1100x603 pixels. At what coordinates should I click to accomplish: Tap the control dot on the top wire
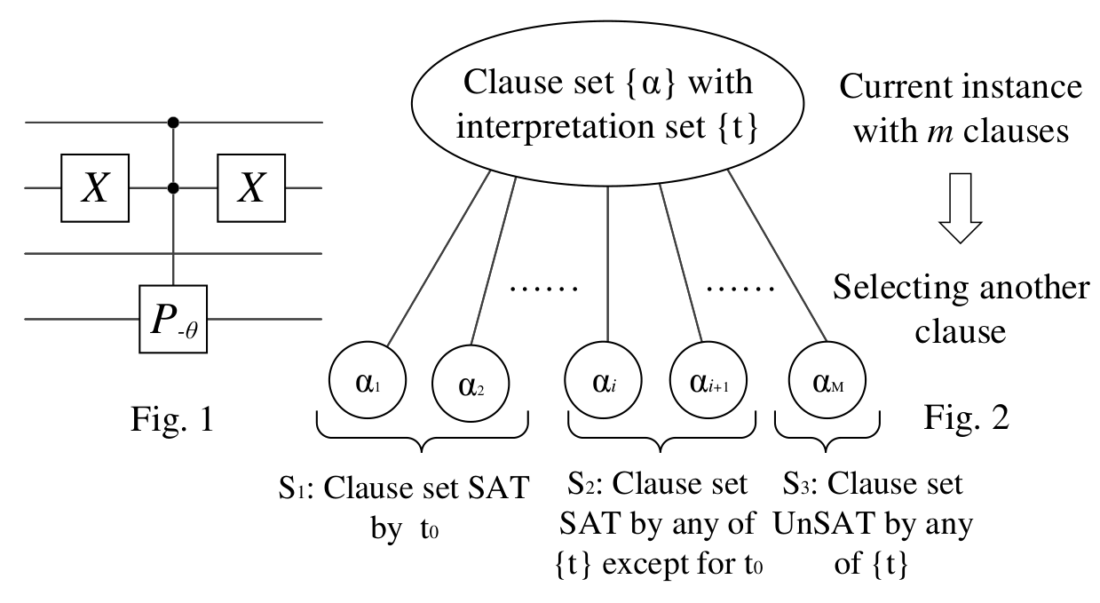[173, 122]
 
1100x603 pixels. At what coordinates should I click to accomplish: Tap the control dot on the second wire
[173, 188]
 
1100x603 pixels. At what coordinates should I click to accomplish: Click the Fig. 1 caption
[172, 419]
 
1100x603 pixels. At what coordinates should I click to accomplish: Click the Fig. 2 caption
[967, 418]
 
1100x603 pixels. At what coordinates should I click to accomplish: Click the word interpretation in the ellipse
[555, 127]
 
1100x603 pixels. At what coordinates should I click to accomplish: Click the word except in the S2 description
[641, 565]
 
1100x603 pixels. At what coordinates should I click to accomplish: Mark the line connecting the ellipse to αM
[777, 256]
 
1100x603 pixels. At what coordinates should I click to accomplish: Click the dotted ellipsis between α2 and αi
[544, 290]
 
